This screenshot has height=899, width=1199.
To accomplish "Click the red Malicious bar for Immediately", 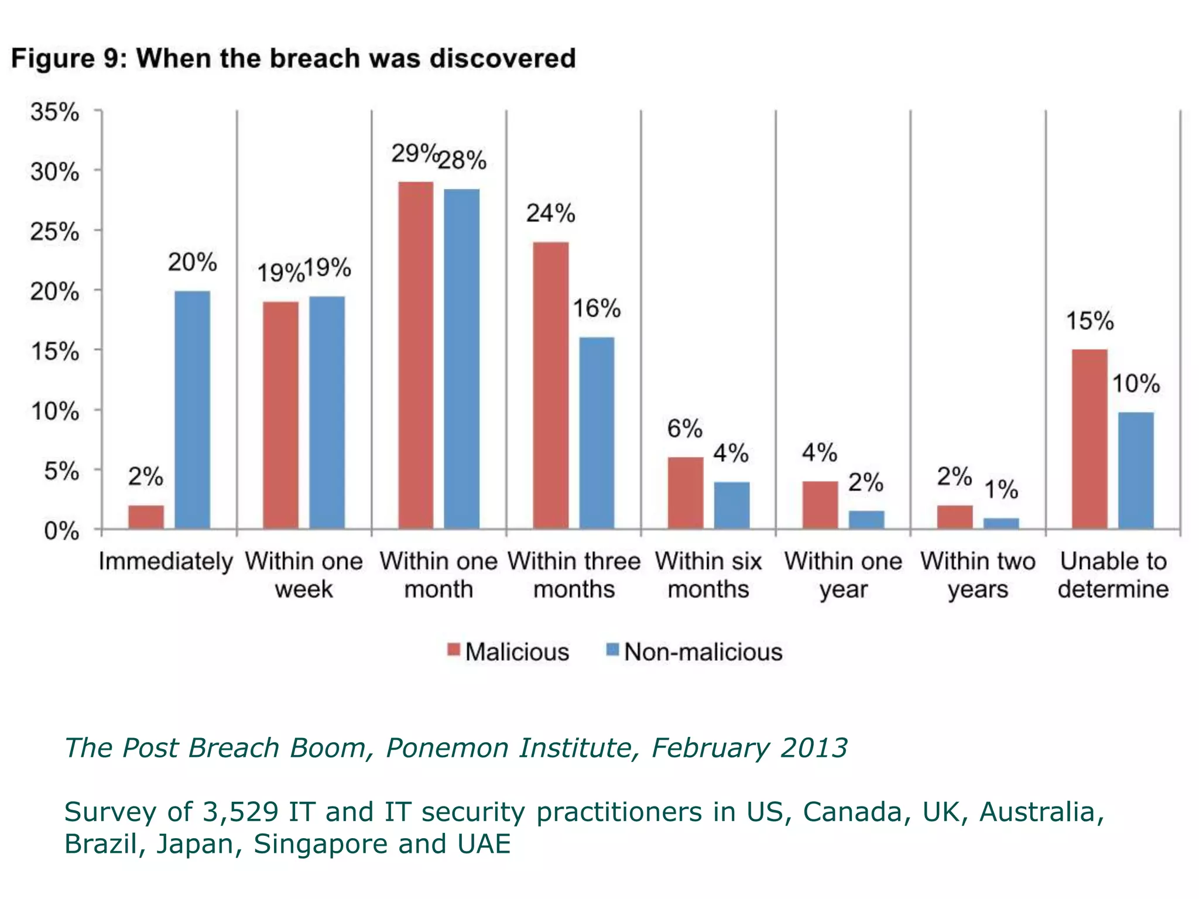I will (x=146, y=517).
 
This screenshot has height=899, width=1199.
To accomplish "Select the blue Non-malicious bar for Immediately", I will (x=193, y=410).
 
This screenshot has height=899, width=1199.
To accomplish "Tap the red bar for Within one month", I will (x=416, y=355).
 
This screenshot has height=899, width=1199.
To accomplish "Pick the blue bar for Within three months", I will (x=597, y=433).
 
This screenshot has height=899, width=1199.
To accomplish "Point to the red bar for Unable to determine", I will (x=1090, y=439).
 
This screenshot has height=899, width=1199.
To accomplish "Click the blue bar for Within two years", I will (x=1001, y=523).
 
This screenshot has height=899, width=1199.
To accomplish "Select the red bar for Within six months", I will (x=686, y=493).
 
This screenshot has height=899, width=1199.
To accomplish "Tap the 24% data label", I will (x=550, y=214).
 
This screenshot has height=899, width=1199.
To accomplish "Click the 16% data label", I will (x=597, y=308).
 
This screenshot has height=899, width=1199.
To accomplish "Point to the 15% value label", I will (x=1090, y=321).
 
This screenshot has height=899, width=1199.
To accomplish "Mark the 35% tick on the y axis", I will (x=54, y=112).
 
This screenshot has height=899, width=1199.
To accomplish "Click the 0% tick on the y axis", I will (x=61, y=531).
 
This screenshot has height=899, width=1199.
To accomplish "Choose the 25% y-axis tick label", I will (x=54, y=232).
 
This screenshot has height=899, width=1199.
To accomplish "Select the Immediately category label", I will (x=166, y=562).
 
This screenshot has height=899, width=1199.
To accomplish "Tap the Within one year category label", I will (x=843, y=575).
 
